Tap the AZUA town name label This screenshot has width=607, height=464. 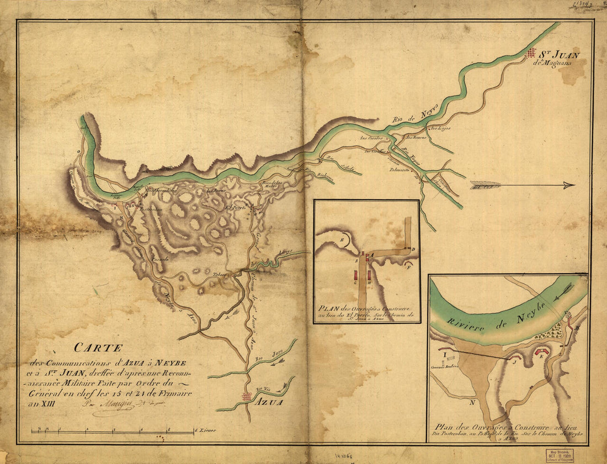click(x=269, y=402)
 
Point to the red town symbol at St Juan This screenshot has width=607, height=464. click(x=531, y=53)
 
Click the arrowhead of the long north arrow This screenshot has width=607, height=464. click(x=568, y=186)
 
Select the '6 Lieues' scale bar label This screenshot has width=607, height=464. click(x=205, y=430)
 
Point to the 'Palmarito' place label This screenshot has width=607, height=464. click(x=403, y=170)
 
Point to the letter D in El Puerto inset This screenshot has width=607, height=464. click(x=413, y=250)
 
